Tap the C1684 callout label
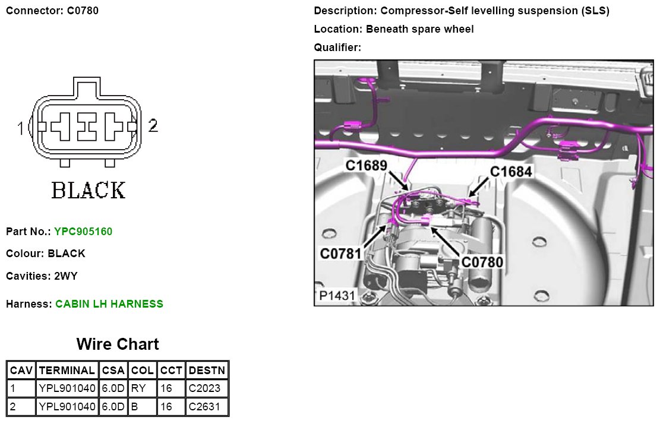tap(511, 172)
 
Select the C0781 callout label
tap(341, 254)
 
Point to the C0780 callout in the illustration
tap(482, 261)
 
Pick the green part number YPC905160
tap(83, 231)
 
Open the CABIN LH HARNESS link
tap(109, 304)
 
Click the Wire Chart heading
tap(118, 344)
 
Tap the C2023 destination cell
tap(204, 388)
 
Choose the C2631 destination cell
tap(204, 407)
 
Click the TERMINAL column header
tap(67, 370)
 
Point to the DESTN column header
tap(207, 370)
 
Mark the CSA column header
tap(113, 370)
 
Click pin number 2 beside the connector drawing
tap(153, 125)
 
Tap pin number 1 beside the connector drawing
tap(21, 127)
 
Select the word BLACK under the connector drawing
tap(89, 191)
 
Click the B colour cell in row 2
tap(143, 407)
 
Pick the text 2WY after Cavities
tap(65, 276)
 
